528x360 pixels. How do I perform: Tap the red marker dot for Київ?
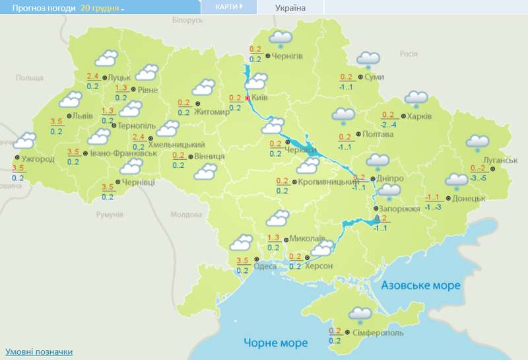[247, 98]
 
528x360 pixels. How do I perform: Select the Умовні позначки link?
[39, 352]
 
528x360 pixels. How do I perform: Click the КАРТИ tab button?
[228, 6]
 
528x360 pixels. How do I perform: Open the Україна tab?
[290, 8]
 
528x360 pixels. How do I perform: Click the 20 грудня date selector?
[102, 7]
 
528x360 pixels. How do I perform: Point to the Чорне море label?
[275, 343]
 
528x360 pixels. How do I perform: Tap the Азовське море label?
[420, 285]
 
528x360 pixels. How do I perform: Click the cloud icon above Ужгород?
[24, 141]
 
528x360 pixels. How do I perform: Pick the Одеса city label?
[265, 266]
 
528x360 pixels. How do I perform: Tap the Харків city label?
[420, 116]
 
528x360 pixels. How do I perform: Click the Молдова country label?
[186, 215]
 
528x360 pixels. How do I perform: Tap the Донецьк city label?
[469, 198]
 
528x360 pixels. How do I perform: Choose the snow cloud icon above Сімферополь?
[360, 315]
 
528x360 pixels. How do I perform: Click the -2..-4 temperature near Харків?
[389, 125]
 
